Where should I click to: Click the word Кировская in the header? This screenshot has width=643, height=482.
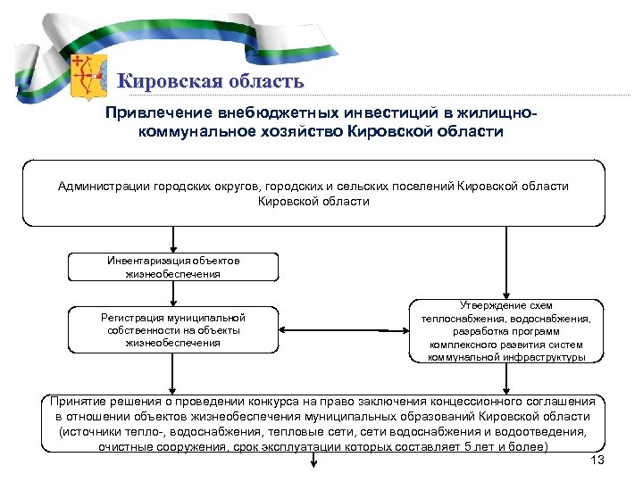point(163,81)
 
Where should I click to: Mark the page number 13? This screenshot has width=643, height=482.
point(598,460)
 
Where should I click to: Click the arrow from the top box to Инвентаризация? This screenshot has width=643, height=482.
point(173,240)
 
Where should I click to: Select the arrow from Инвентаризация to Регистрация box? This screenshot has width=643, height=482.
point(173,294)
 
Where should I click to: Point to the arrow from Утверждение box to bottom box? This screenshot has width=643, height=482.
point(506,378)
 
